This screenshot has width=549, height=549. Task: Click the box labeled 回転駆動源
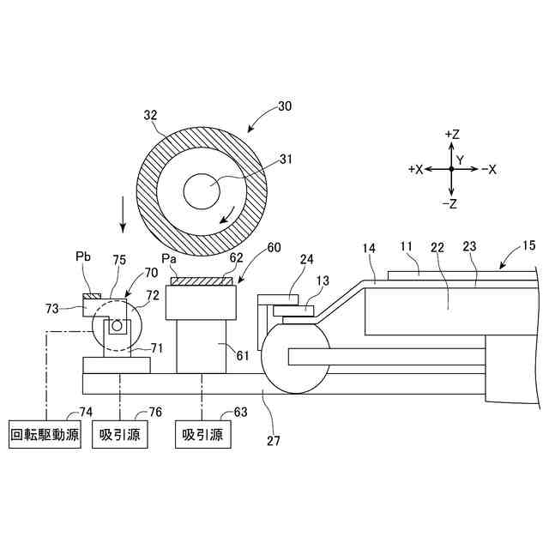[44, 434]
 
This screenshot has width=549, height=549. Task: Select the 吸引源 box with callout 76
[119, 434]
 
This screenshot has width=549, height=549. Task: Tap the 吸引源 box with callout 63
[202, 434]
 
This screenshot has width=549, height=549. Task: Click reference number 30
[283, 109]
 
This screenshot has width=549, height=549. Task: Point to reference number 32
[150, 114]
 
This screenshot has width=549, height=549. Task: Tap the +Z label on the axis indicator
[452, 135]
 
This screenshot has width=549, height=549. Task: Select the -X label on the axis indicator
[489, 170]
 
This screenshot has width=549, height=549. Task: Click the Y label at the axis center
[460, 160]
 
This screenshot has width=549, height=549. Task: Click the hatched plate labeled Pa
[202, 281]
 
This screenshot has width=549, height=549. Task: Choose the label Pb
[84, 257]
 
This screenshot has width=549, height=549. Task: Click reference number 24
[306, 259]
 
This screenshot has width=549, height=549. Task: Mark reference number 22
[437, 247]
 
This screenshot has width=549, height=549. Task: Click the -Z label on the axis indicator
[451, 203]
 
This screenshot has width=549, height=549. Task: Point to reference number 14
[369, 248]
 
